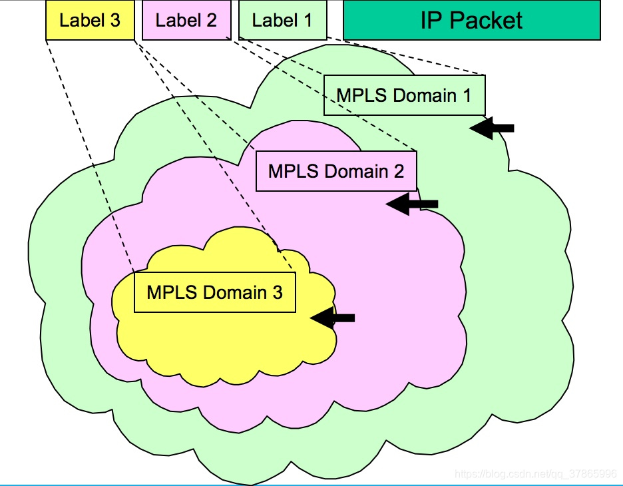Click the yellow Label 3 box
pos(90,20)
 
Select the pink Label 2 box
pos(186,20)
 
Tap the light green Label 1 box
pos(282,20)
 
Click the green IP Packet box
pos(471,20)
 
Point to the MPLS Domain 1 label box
pos(404,95)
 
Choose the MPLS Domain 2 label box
pos(336,171)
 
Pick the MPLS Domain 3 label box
pos(214,292)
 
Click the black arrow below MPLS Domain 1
pos(492,128)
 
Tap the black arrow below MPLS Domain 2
pos(412,204)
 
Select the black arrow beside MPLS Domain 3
pos(333,318)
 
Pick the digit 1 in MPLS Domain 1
pos(466,95)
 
